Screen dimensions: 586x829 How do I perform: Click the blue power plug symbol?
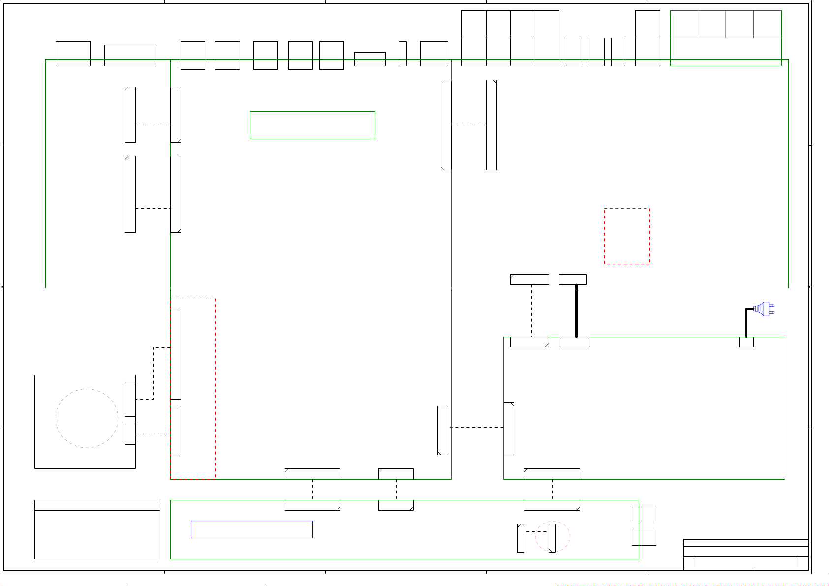point(764,309)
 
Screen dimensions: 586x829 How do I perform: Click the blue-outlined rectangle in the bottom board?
point(251,529)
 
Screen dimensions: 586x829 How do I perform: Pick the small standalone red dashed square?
point(627,236)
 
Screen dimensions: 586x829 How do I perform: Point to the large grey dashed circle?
point(87,418)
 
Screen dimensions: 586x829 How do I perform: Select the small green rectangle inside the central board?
point(312,125)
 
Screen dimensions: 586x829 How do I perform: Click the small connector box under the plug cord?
point(746,342)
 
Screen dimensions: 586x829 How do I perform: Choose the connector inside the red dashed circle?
point(552,538)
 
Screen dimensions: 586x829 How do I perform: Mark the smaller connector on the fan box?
point(130,434)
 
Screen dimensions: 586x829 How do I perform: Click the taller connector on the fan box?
point(130,399)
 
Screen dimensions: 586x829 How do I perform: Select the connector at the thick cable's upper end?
point(573,279)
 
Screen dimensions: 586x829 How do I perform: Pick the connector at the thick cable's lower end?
point(575,342)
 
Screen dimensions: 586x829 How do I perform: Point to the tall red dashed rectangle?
point(193,389)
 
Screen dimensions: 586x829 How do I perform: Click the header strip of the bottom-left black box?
point(97,505)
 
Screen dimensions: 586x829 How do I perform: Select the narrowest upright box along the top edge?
point(403,54)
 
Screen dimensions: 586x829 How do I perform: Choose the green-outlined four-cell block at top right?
point(726,38)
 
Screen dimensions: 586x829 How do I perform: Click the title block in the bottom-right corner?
point(746,555)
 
